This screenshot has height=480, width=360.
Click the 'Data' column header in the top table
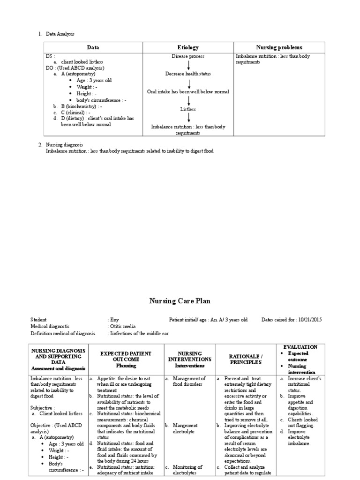point(93,47)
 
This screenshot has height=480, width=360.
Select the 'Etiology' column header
point(188,47)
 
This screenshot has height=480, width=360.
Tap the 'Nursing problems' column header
point(279,47)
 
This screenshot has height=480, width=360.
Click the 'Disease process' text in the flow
point(188,56)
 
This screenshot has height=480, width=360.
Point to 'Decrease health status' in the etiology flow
point(188,74)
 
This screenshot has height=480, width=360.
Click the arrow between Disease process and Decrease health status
point(188,65)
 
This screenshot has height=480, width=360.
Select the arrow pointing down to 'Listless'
point(188,100)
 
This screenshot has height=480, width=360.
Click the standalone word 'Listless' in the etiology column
point(188,109)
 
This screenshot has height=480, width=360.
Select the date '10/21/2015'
point(309,320)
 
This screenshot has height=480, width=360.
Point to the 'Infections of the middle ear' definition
point(139,333)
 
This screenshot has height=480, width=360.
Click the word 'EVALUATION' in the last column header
point(300,347)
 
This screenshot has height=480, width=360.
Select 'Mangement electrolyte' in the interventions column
point(186,428)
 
